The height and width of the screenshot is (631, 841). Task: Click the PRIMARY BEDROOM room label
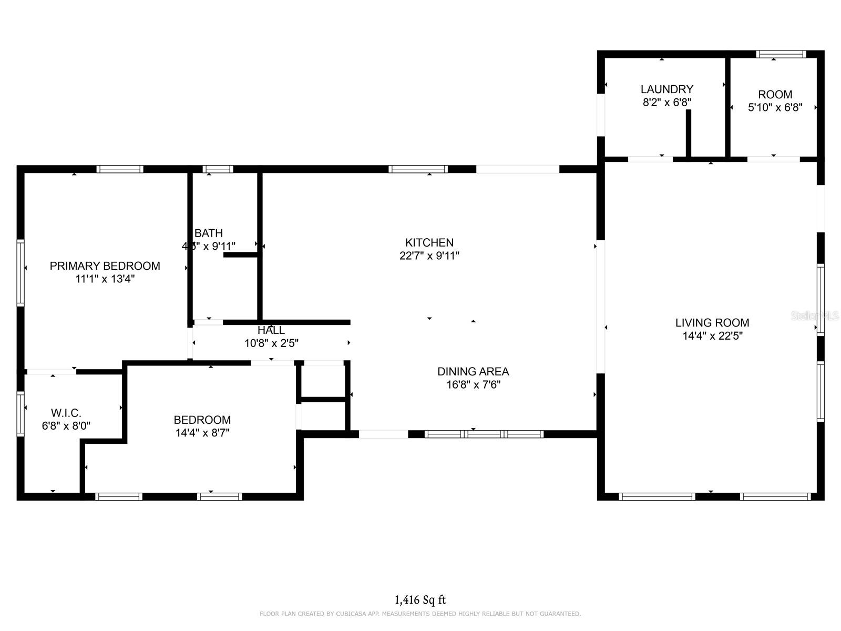tap(105, 266)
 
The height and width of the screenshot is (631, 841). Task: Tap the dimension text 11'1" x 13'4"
tap(105, 279)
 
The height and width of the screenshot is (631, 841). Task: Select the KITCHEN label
tap(429, 242)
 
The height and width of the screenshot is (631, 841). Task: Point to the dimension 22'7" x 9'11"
tap(429, 256)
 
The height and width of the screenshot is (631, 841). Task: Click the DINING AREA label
tap(473, 371)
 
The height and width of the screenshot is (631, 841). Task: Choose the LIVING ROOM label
tap(712, 323)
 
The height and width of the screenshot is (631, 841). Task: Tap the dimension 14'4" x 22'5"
tap(712, 336)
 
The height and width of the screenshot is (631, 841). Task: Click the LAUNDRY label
tap(666, 89)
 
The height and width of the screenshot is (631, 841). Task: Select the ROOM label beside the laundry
tap(775, 95)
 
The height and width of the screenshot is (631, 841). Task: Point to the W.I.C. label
tap(66, 413)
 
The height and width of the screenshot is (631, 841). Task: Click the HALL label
tap(271, 330)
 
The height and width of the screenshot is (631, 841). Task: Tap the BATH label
tap(209, 233)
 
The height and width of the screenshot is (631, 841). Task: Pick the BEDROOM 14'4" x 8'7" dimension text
tap(202, 433)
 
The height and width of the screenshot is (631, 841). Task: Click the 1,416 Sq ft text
tap(420, 599)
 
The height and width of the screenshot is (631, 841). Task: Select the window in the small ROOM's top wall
tap(781, 54)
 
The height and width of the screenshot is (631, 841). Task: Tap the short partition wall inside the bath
tap(240, 255)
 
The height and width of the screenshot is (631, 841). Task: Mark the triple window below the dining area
tap(484, 434)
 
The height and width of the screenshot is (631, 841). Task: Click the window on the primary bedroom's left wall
tap(20, 272)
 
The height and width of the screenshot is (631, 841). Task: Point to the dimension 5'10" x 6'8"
tap(775, 108)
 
